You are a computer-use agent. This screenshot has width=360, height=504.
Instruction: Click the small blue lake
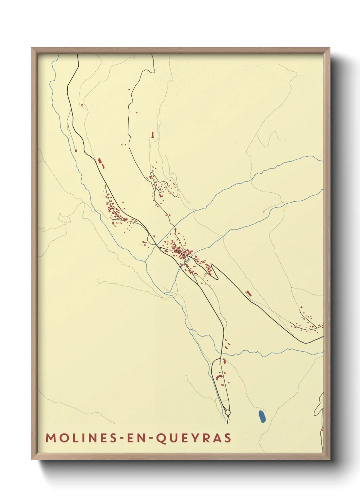pos(262,416)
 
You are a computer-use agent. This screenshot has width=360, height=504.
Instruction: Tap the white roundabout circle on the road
pos(227,413)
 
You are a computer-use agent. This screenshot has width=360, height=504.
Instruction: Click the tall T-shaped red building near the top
pos(153,135)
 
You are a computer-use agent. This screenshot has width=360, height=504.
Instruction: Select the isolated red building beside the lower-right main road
pos(249,293)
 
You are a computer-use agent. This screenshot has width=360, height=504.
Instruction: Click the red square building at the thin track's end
pos(76,150)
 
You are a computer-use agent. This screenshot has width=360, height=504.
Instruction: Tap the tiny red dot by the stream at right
pos(263,212)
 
